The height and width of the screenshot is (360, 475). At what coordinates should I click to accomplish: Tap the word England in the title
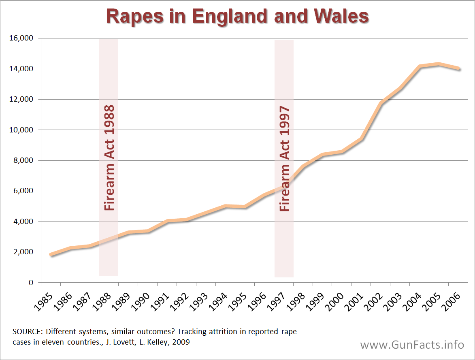point(230,16)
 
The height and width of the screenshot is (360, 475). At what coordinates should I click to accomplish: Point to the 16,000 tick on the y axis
point(21,38)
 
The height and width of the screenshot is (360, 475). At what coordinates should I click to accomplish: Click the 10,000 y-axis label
point(21,130)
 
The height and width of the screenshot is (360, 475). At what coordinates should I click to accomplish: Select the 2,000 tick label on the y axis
point(22,252)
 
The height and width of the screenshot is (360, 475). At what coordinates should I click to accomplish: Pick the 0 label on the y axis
point(31,283)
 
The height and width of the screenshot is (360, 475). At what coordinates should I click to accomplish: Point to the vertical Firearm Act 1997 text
point(285,158)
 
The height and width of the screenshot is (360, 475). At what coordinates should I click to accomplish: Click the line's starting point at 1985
point(51,255)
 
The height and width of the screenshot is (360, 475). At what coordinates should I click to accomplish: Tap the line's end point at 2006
point(458,68)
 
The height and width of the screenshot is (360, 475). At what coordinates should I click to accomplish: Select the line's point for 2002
point(381,103)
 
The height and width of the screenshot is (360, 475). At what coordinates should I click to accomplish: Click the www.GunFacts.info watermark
point(412,345)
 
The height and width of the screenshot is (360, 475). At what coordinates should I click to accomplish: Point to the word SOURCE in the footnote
point(25,332)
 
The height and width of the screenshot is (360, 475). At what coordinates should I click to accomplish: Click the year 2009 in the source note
point(181,342)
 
